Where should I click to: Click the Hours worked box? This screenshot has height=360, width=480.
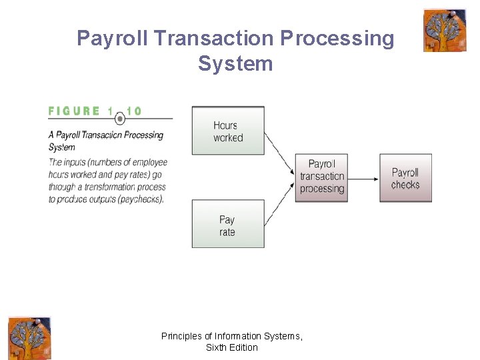[228, 131]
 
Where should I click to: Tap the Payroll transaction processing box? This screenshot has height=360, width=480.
[322, 177]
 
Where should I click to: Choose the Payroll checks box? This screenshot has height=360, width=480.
[405, 178]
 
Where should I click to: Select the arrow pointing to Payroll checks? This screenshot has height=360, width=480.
[363, 178]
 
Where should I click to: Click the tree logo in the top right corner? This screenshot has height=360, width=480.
[445, 30]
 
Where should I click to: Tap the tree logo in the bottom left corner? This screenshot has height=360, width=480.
[29, 338]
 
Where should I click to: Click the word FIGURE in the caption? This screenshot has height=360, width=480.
[74, 111]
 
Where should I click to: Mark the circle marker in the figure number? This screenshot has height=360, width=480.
[120, 119]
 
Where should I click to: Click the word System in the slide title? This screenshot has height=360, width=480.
[235, 64]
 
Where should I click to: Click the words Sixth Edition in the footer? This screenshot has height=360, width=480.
[232, 347]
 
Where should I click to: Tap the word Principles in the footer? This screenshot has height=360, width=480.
[183, 337]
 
